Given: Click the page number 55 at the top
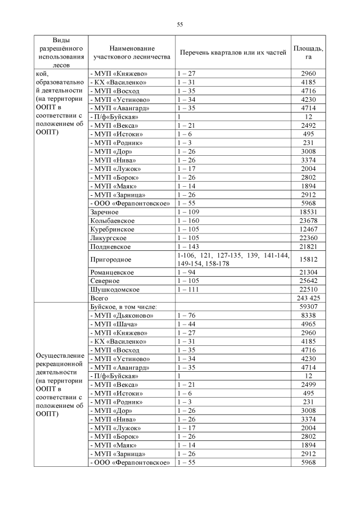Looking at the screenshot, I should click(180, 24).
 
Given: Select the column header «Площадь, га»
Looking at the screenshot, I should click(308, 52).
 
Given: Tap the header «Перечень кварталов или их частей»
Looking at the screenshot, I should click(233, 52).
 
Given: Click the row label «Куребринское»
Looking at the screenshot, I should click(111, 229).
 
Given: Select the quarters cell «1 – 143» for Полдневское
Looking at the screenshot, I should click(186, 246).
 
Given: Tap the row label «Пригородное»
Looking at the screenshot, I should click(111, 259).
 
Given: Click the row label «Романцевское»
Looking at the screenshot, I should click(112, 272).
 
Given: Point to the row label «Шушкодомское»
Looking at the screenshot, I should click(114, 289).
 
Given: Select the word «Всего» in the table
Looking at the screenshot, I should click(99, 298).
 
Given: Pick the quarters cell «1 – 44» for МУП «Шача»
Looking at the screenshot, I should click(184, 324).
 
